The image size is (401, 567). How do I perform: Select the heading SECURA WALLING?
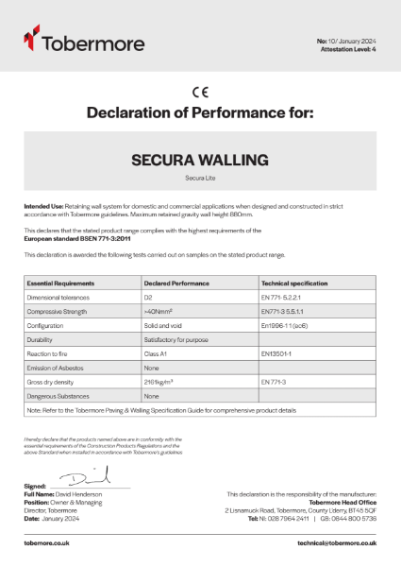point(200,160)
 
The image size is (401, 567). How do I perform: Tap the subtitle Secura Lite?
point(200,178)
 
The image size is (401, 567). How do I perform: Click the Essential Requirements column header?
point(60,283)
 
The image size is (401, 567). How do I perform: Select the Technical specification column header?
point(294,283)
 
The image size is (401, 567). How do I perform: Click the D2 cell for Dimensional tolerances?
point(149,296)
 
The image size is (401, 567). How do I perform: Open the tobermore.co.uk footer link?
point(50,543)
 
